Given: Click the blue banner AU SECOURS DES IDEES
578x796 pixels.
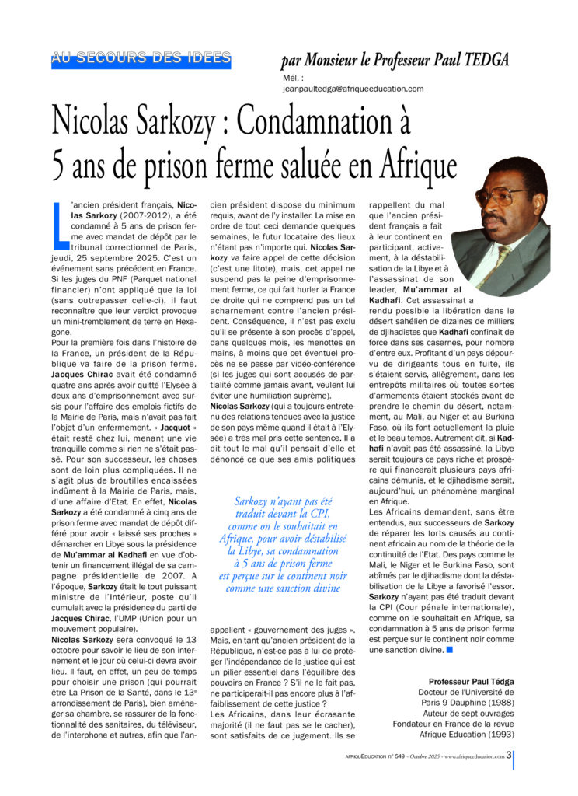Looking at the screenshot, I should click(x=141, y=58).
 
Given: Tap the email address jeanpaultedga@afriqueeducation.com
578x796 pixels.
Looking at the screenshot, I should click(x=353, y=89).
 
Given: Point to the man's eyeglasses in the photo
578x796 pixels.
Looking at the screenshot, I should click(x=499, y=195).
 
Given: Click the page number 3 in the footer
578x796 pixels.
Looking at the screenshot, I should click(x=508, y=754).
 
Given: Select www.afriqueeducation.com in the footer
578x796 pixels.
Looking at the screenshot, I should click(x=474, y=755).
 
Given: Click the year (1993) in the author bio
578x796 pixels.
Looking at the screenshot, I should click(x=496, y=734).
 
